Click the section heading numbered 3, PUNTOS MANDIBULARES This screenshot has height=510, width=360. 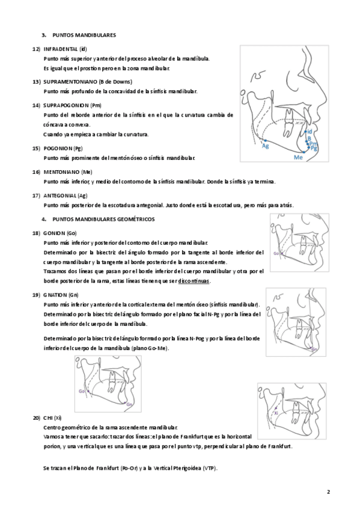[x=79, y=35]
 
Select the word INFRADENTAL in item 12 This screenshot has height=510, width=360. [x=61, y=49]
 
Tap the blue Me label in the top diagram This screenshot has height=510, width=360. [x=298, y=158]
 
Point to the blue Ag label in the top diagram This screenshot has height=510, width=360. [x=266, y=146]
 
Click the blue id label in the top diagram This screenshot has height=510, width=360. [x=310, y=131]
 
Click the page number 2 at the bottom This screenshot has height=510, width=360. [x=328, y=491]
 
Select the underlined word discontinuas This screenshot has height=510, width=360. [x=194, y=281]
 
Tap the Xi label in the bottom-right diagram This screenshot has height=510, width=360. [x=276, y=413]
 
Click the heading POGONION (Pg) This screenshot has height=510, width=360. [x=63, y=149]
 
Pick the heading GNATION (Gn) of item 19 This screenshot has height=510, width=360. [x=61, y=295]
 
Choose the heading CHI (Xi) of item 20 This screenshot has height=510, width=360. [x=52, y=418]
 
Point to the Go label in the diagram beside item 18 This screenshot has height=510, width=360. [x=276, y=253]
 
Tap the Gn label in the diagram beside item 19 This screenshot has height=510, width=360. [x=314, y=349]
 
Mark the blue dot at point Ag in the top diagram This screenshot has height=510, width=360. [x=265, y=141]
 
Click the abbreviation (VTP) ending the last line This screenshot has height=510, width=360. [x=210, y=469]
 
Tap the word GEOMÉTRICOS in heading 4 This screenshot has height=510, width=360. [x=136, y=220]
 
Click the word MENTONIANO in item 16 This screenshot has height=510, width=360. [x=61, y=172]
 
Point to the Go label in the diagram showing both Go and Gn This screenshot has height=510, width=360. [x=82, y=391]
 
